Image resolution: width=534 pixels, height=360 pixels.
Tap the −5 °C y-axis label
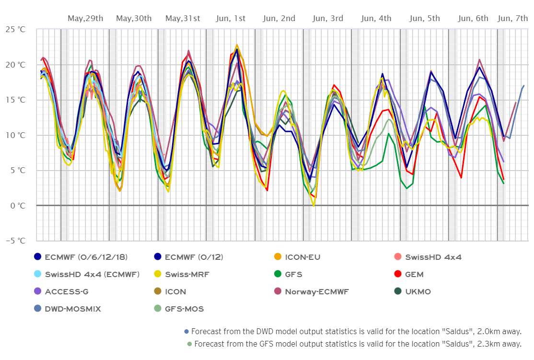pos(16,241)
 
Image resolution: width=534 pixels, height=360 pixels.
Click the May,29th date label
pos(85,19)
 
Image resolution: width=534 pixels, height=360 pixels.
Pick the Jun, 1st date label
pos(231,19)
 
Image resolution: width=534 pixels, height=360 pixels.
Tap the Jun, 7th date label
pos(513,19)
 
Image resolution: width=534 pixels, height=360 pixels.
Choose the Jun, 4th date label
pos(376,19)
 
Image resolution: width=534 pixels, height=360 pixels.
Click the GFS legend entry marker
pos(278,275)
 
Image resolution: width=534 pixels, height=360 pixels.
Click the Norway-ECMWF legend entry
pos(317,291)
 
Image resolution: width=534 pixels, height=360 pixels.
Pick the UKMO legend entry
pos(418,291)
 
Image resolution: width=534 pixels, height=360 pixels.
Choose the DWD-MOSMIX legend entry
pos(72,309)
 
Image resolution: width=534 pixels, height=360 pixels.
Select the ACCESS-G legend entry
pos(67,291)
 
